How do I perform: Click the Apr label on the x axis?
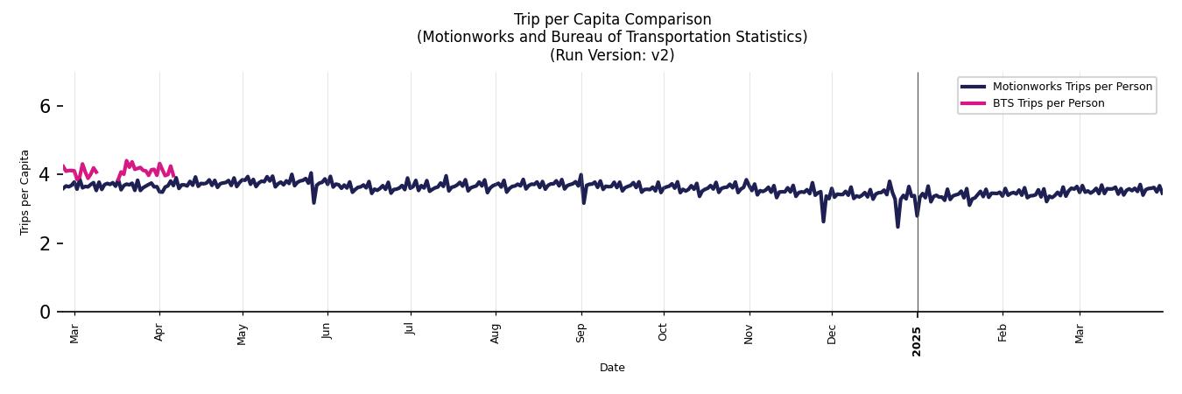(x=158, y=334)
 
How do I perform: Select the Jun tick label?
(x=327, y=334)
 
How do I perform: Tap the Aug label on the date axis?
(x=496, y=334)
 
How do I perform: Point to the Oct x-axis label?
(x=663, y=334)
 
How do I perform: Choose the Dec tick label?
(x=832, y=334)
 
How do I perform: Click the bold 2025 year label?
(x=917, y=337)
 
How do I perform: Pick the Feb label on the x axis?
(x=1003, y=334)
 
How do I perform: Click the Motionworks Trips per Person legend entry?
(x=1072, y=86)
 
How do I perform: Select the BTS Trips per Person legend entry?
(x=1048, y=103)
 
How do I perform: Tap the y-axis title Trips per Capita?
(x=25, y=192)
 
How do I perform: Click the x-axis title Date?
(x=612, y=368)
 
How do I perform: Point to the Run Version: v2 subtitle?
(x=612, y=54)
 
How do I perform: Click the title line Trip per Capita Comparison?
(x=612, y=19)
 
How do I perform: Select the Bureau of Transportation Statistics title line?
(x=612, y=37)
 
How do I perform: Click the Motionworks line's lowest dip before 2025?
(x=897, y=227)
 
